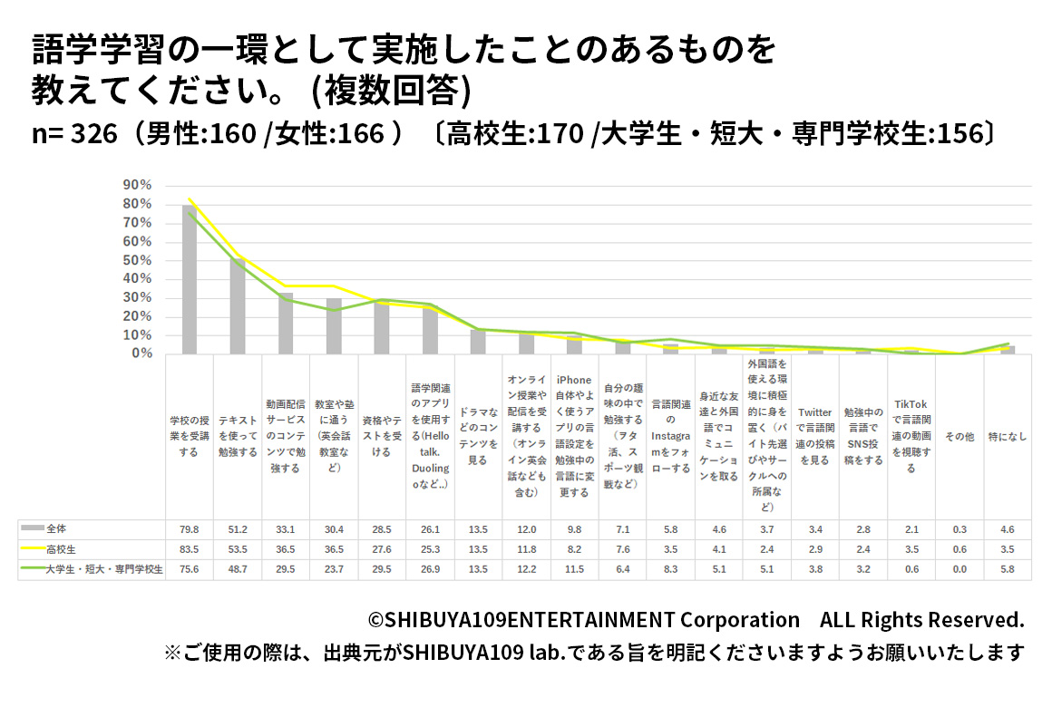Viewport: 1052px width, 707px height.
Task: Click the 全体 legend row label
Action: pos(56,528)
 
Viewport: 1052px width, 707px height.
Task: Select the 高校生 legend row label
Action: pos(62,548)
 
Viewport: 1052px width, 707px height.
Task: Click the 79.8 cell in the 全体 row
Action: pos(189,528)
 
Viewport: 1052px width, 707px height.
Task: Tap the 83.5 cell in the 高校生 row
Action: pos(189,548)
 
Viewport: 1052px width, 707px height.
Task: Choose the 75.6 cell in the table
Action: pos(189,569)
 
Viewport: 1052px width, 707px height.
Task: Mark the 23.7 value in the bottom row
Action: pos(334,569)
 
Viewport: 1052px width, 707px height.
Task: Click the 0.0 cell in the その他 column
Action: pos(959,569)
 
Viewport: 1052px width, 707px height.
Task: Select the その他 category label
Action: pos(959,436)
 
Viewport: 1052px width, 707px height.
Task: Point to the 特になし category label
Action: pos(1008,436)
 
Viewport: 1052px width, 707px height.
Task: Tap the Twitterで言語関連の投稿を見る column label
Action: pos(814,436)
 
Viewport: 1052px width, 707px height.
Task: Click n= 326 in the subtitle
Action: pos(74,133)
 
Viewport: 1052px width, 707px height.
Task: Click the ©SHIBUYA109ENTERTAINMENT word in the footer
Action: pos(521,620)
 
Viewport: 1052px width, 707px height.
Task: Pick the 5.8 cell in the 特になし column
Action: pos(1008,569)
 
